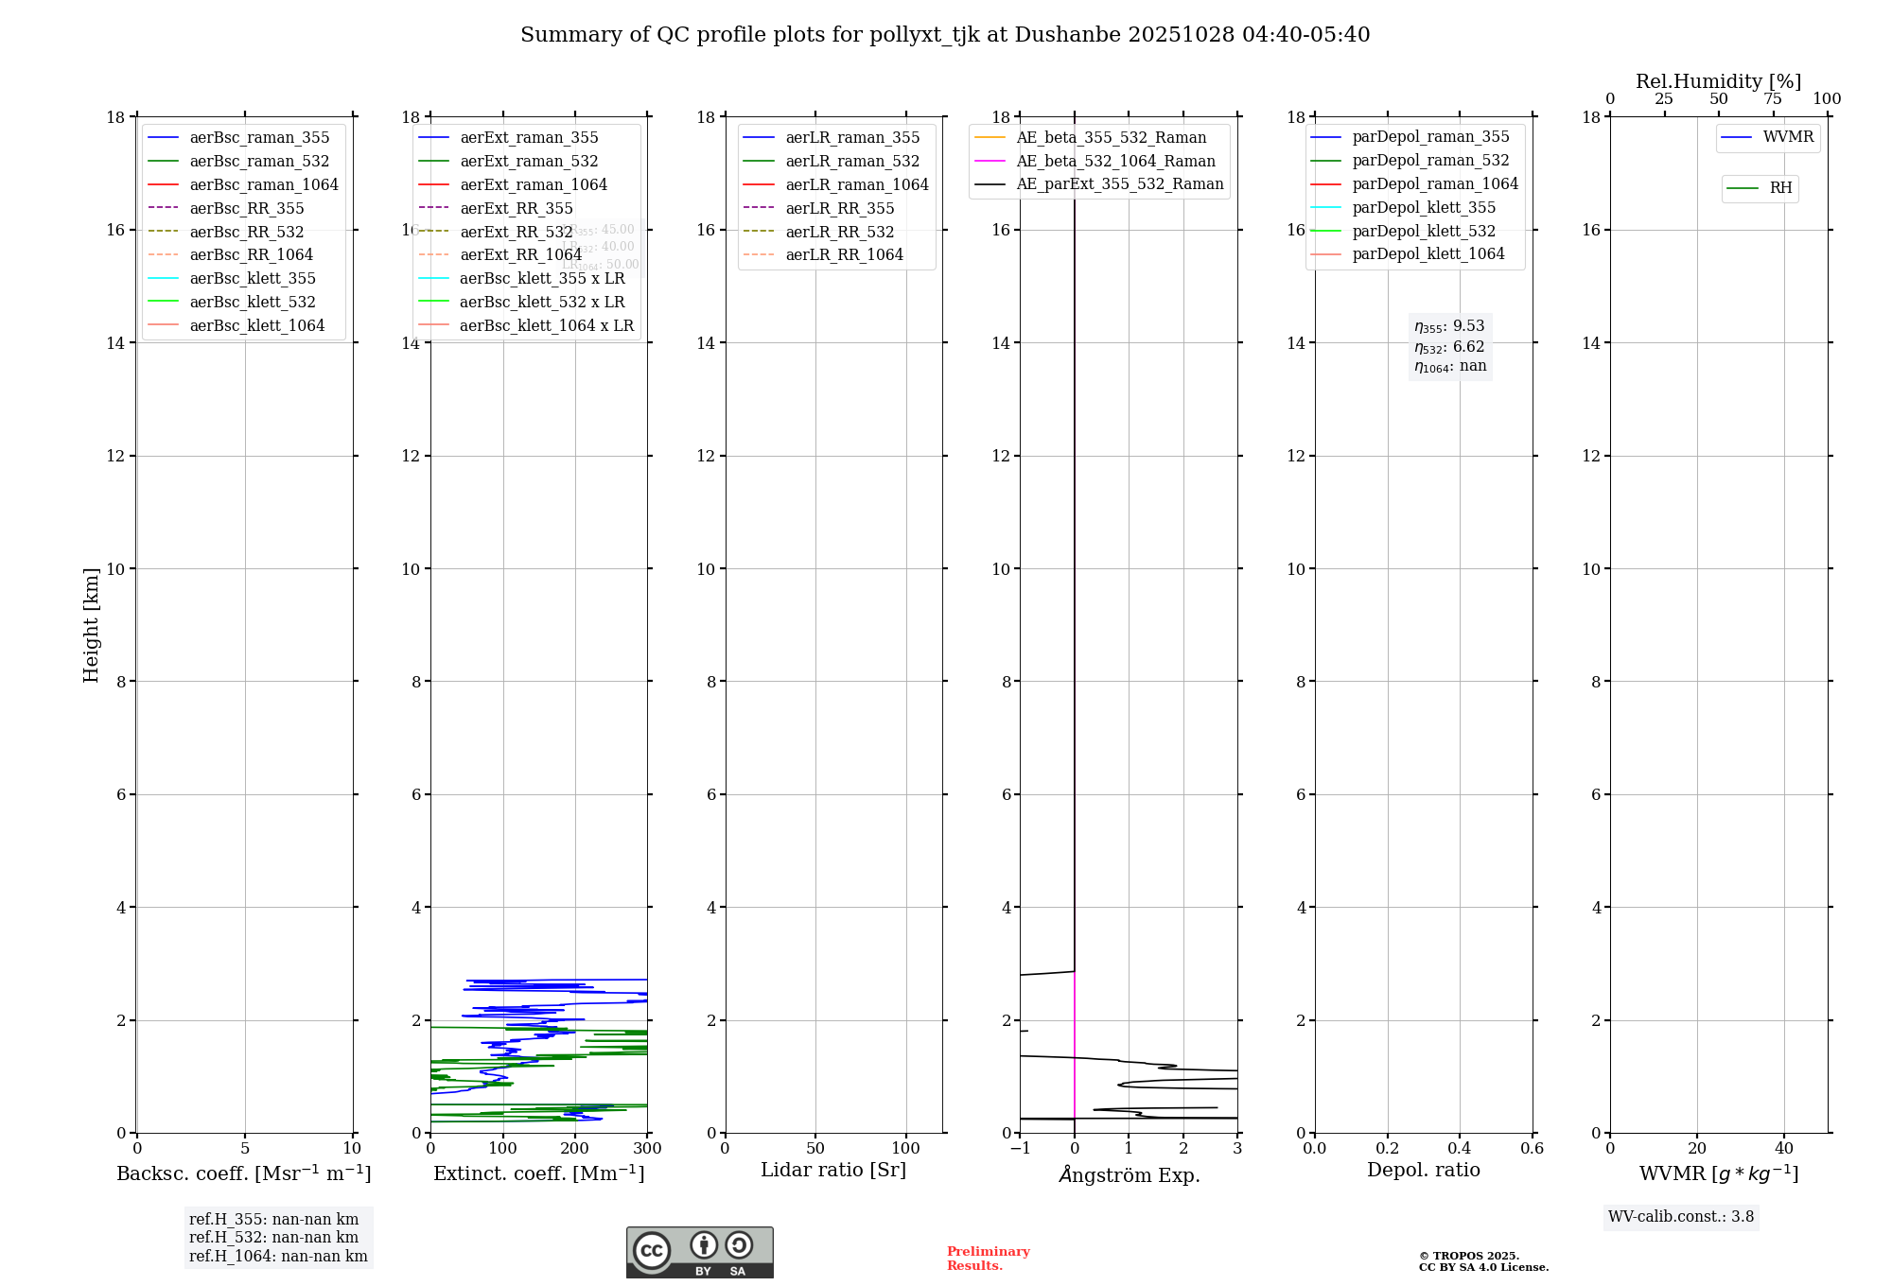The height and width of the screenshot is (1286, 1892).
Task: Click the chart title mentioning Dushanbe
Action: click(x=945, y=35)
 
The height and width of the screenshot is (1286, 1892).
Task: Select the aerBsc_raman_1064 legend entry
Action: click(x=263, y=184)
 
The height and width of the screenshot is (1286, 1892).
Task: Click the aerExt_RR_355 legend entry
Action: click(x=516, y=208)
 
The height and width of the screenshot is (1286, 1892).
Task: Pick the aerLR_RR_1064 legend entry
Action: click(x=844, y=254)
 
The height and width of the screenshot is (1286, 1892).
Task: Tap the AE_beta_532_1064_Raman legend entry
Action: click(x=1115, y=161)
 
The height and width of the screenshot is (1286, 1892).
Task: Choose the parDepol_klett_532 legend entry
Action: click(x=1424, y=231)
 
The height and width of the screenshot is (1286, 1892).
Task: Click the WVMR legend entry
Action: click(x=1788, y=137)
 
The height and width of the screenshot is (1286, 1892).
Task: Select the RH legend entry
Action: click(x=1780, y=188)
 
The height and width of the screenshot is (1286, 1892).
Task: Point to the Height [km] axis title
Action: click(x=91, y=624)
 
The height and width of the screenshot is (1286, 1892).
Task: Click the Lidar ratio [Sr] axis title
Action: click(x=833, y=1170)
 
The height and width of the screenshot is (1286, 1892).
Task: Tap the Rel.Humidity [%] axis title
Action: click(x=1718, y=81)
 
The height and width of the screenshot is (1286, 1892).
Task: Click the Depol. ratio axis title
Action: click(x=1423, y=1170)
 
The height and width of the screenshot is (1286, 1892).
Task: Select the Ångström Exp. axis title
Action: click(x=1129, y=1174)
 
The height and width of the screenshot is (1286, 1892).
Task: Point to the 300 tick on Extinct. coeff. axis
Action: click(x=647, y=1149)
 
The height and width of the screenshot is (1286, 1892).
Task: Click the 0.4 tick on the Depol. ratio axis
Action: click(x=1460, y=1149)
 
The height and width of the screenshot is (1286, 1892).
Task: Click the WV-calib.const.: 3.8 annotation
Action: click(x=1680, y=1217)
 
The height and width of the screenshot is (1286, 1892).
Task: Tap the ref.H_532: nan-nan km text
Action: click(x=273, y=1237)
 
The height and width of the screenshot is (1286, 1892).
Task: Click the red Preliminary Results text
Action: click(x=988, y=1259)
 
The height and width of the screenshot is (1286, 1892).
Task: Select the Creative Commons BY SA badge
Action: click(x=699, y=1252)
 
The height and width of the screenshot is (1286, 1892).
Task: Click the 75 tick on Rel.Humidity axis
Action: click(x=1773, y=99)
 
